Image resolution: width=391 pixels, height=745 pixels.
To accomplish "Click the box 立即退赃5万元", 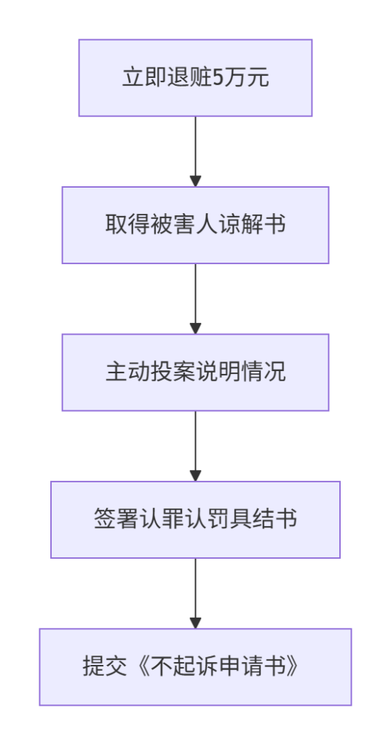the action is click(x=195, y=78).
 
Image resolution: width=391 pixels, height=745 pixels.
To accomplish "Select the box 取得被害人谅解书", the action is click(x=195, y=226).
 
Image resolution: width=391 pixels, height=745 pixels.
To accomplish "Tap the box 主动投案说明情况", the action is click(x=195, y=372).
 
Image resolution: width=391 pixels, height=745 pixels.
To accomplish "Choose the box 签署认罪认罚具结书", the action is click(x=195, y=519).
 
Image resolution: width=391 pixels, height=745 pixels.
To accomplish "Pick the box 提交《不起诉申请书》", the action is click(x=195, y=667).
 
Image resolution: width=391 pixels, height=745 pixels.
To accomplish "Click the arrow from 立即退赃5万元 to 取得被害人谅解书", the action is click(x=195, y=151).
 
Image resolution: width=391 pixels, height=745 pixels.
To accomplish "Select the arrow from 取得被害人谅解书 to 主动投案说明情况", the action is click(x=195, y=299).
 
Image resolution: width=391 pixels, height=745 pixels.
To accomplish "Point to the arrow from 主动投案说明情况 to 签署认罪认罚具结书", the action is click(x=195, y=446).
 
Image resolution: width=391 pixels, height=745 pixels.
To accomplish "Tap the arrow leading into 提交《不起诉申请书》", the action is click(x=195, y=594).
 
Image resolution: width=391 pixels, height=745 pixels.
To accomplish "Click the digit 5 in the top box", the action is click(x=218, y=79).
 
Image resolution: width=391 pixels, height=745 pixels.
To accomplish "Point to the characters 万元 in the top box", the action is click(x=246, y=78).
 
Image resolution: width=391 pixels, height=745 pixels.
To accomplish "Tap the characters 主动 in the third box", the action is click(x=127, y=372).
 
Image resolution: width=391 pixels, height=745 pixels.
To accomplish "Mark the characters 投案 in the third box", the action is click(x=173, y=372).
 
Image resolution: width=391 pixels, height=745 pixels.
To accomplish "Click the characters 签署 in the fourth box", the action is click(x=116, y=519).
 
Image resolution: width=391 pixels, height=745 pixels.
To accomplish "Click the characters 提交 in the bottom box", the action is click(x=105, y=667).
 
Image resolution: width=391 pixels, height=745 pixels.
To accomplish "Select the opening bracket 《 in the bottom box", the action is click(x=139, y=667).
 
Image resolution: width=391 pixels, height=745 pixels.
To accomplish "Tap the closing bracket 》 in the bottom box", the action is click(x=299, y=667).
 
